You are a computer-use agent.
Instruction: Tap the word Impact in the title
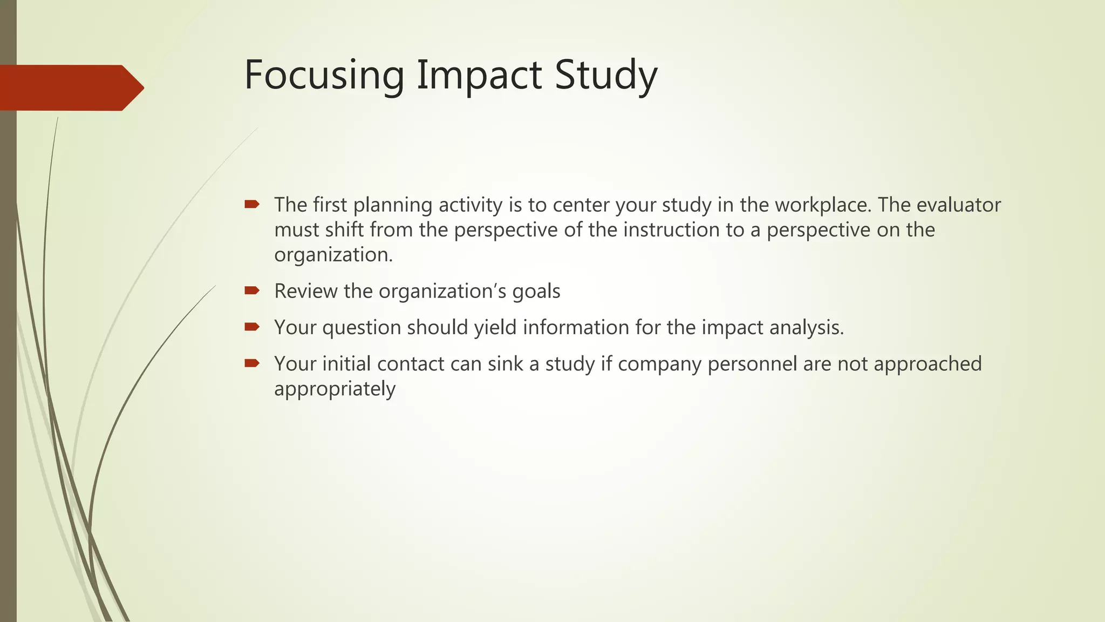click(479, 75)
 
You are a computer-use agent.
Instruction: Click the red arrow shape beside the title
click(70, 87)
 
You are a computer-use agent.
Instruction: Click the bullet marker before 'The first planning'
click(252, 204)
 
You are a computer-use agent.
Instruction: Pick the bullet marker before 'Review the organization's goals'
click(252, 290)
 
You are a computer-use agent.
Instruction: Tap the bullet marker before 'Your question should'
click(252, 327)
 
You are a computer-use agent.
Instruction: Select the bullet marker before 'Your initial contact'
click(252, 363)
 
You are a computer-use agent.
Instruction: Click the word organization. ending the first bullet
click(333, 255)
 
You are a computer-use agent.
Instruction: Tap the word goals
click(536, 292)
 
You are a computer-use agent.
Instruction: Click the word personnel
click(752, 364)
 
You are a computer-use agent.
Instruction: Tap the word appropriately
click(335, 389)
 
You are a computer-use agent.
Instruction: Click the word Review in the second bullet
click(306, 292)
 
